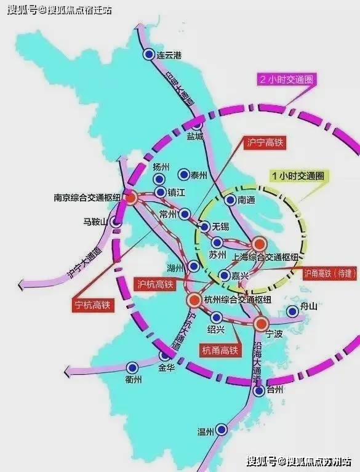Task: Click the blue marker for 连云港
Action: [x=148, y=54]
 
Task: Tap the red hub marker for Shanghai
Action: [x=259, y=244]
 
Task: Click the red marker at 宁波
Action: [x=261, y=323]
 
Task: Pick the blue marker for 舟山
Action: [x=292, y=312]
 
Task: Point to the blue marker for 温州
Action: [x=221, y=431]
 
